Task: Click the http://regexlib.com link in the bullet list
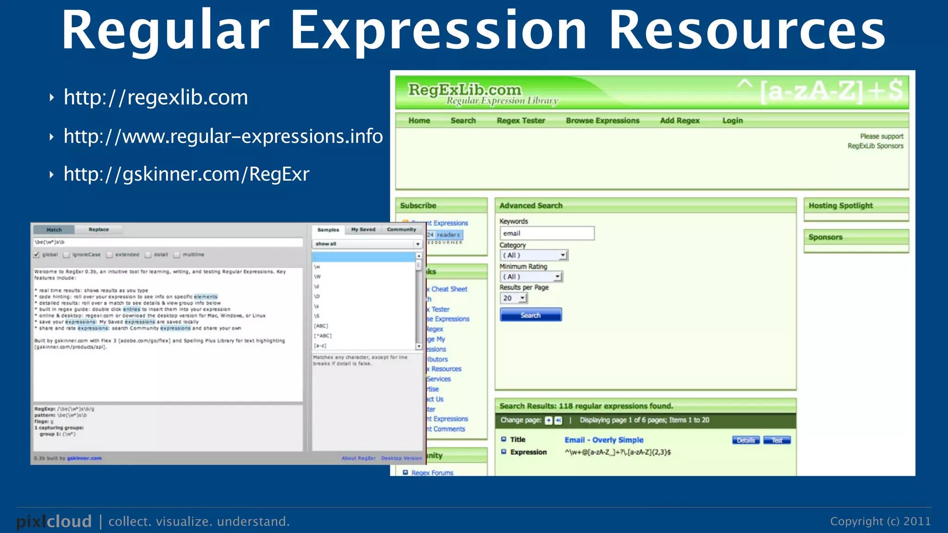[x=156, y=98]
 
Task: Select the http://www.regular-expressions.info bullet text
[x=223, y=136]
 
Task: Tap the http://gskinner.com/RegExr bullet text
[x=186, y=174]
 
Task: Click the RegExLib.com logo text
[x=464, y=90]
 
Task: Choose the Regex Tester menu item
[x=521, y=121]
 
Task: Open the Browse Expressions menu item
[x=602, y=121]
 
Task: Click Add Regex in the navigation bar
[x=680, y=121]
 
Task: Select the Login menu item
[x=732, y=121]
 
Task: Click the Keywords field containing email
[x=546, y=233]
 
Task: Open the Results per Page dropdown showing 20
[x=513, y=298]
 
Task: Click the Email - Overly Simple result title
[x=604, y=440]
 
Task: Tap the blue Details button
[x=746, y=440]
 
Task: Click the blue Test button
[x=777, y=440]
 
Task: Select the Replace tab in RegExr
[x=99, y=229]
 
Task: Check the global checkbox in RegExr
[x=37, y=255]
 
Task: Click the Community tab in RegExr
[x=401, y=229]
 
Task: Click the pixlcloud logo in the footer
[x=54, y=521]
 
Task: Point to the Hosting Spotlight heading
[x=840, y=206]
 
